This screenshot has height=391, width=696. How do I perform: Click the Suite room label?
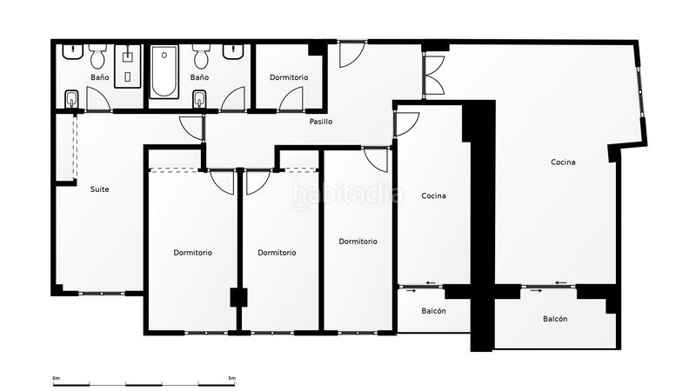(x=99, y=189)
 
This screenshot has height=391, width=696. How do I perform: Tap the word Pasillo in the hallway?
(x=320, y=122)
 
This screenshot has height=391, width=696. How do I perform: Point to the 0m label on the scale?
(x=56, y=378)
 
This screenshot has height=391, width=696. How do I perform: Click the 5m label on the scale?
(x=231, y=378)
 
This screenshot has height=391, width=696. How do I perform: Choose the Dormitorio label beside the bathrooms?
(x=289, y=77)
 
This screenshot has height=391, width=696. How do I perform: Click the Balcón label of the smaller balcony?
(x=434, y=311)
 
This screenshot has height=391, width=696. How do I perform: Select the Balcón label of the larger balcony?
(x=555, y=319)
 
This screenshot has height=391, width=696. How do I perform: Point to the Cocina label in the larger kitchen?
(x=563, y=162)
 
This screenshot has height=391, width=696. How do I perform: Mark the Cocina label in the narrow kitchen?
(x=433, y=195)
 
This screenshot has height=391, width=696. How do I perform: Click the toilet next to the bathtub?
(x=201, y=57)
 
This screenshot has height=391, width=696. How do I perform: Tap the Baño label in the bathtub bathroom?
(x=199, y=77)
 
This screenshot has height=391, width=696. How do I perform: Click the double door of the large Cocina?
(x=433, y=75)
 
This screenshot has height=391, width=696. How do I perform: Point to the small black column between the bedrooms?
(x=239, y=297)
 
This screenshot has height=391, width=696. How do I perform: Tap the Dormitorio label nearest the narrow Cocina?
(x=358, y=242)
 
